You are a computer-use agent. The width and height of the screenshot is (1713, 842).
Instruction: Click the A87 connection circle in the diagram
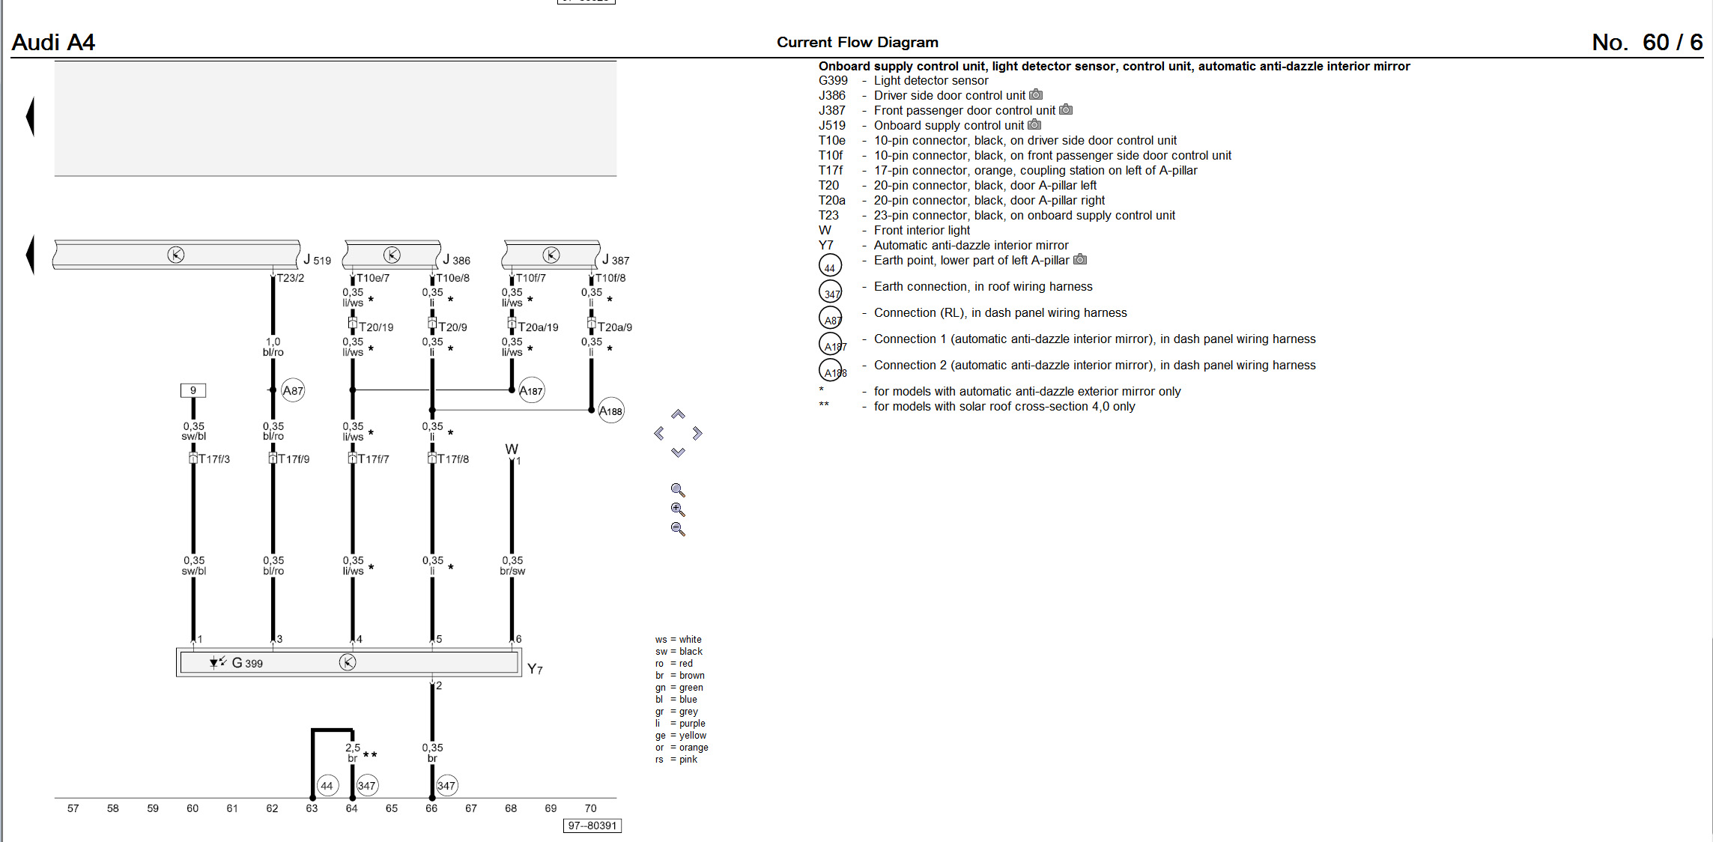click(x=293, y=390)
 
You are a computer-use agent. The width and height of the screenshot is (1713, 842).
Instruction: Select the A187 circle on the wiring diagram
click(x=531, y=390)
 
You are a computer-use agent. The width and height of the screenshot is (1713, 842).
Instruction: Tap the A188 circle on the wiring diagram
click(x=611, y=411)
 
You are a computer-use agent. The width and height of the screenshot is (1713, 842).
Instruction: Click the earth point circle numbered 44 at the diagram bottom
click(x=327, y=786)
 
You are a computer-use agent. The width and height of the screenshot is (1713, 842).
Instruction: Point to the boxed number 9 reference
click(x=193, y=390)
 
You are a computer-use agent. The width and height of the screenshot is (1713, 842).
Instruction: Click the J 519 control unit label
click(x=317, y=260)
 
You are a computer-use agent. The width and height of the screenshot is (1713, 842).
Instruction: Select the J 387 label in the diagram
click(x=616, y=260)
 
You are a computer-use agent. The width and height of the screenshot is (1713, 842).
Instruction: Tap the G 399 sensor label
click(x=247, y=663)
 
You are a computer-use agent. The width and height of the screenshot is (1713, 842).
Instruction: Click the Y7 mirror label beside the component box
click(x=535, y=669)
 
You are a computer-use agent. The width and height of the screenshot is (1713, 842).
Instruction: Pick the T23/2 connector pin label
click(x=291, y=278)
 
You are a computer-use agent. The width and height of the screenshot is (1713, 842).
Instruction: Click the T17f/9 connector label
click(x=294, y=459)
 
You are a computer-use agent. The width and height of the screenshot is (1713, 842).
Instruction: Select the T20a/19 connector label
click(x=538, y=327)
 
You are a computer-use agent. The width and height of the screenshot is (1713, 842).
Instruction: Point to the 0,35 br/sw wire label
click(x=512, y=566)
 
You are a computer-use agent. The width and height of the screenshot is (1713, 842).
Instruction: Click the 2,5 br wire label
click(x=353, y=753)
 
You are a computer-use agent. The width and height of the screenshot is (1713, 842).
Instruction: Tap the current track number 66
click(x=431, y=808)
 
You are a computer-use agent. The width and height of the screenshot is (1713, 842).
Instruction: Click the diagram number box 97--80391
click(x=592, y=826)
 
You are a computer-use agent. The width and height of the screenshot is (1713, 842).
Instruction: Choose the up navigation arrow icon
click(x=678, y=414)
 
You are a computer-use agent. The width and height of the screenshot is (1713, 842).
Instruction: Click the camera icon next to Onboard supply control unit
click(x=1034, y=124)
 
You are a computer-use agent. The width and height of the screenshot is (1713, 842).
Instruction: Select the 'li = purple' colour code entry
click(x=680, y=724)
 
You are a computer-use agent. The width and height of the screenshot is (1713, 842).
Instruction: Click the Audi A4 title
click(x=53, y=42)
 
